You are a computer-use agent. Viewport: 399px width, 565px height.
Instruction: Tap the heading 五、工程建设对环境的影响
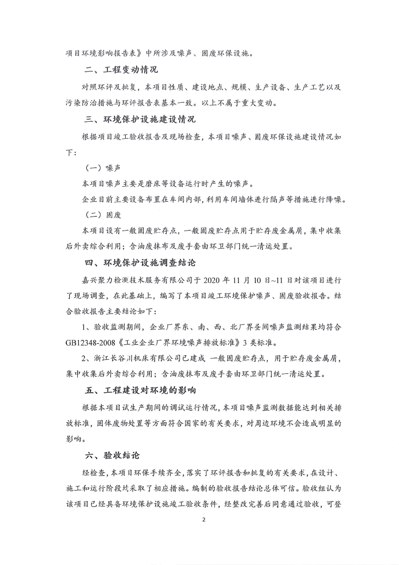click(x=139, y=389)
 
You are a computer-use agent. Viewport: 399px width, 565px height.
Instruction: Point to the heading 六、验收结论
click(x=112, y=456)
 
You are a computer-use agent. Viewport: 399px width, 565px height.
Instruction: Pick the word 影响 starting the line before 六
click(x=73, y=440)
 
